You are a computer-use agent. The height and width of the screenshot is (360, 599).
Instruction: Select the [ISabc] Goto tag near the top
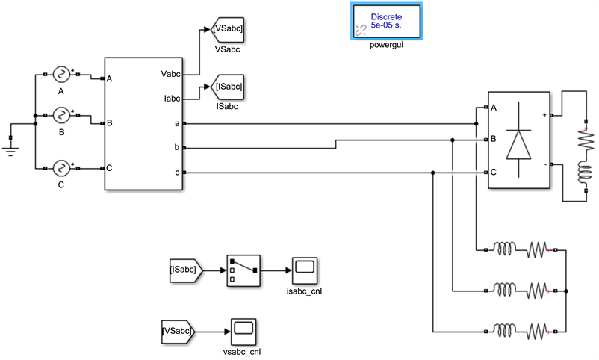point(229,87)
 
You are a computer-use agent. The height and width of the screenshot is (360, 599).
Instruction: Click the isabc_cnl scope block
point(305,269)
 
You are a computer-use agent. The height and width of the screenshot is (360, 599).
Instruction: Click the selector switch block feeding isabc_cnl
point(242,270)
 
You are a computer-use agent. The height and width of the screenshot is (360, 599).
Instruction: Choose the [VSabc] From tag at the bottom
point(177,329)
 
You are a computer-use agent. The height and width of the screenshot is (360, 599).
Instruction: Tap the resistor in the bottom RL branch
point(538,329)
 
